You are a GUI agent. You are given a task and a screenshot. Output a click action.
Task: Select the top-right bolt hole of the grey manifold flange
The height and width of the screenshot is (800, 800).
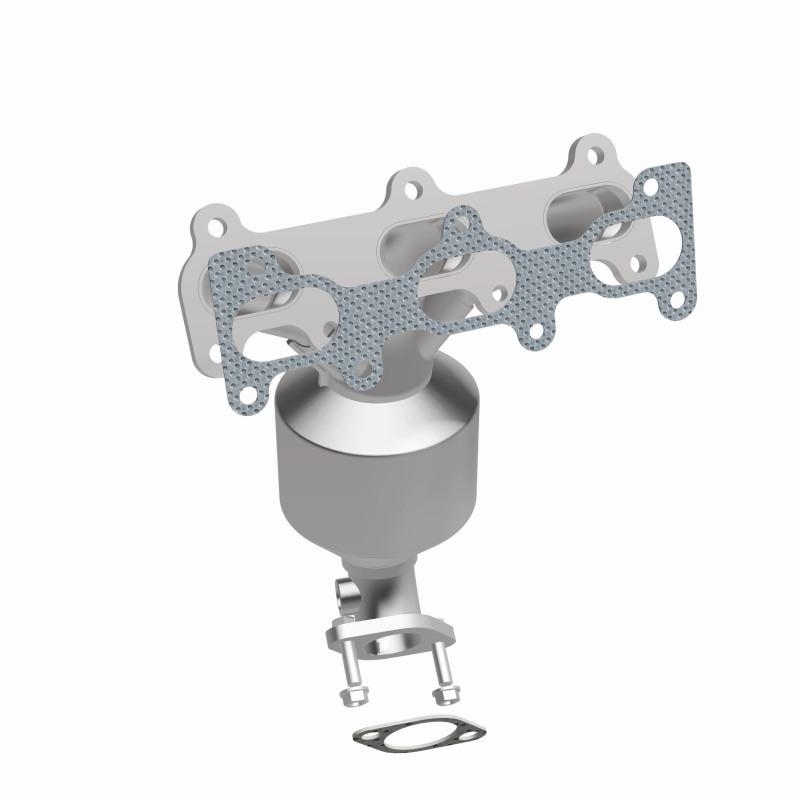tap(595, 155)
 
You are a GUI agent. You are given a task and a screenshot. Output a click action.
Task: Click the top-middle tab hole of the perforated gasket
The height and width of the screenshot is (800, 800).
tap(462, 223)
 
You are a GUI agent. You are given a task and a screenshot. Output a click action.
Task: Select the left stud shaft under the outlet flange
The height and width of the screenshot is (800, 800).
tap(352, 661)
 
